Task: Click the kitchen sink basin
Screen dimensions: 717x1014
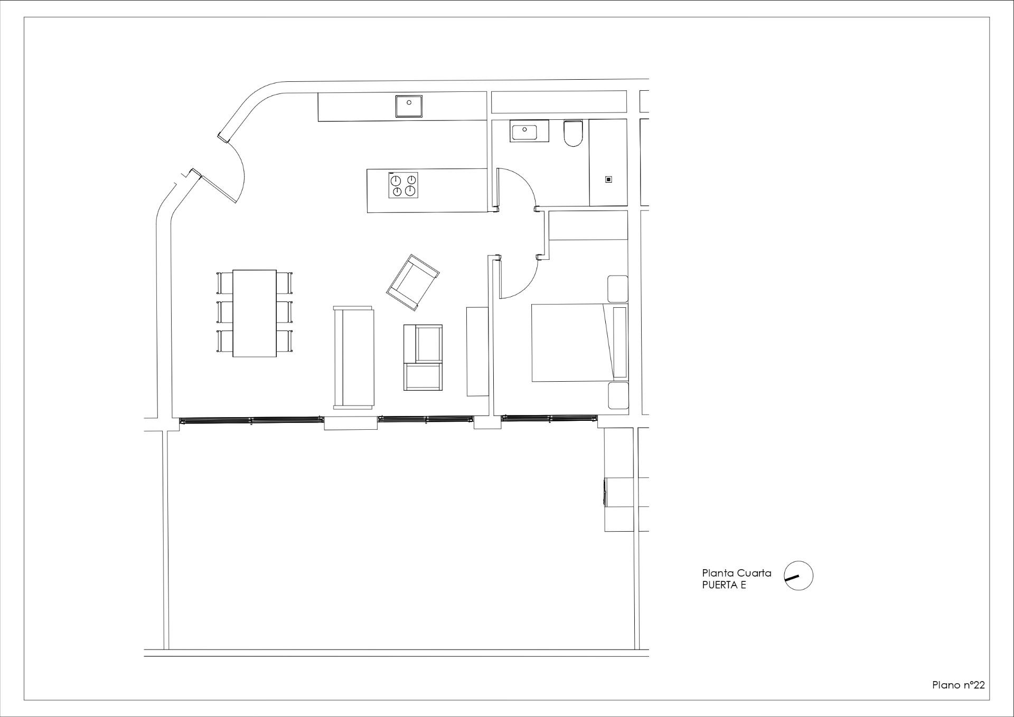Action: click(x=409, y=106)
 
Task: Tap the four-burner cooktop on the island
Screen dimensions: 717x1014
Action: click(x=403, y=185)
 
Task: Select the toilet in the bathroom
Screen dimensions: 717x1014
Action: click(x=572, y=133)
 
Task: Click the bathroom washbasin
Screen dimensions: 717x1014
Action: click(x=530, y=130)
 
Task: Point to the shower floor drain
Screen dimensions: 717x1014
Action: click(x=608, y=180)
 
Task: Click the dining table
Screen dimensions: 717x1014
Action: click(x=255, y=313)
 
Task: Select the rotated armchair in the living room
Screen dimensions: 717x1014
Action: click(x=412, y=282)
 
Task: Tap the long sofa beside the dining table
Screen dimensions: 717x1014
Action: click(x=353, y=357)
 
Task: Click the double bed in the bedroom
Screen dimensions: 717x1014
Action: click(x=573, y=342)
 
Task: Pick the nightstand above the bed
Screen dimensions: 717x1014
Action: click(x=617, y=289)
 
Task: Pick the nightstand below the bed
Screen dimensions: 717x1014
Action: click(x=618, y=395)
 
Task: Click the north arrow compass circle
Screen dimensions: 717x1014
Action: click(x=799, y=576)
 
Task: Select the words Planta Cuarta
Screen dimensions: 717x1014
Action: click(x=736, y=573)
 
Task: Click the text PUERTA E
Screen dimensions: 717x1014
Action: click(x=724, y=585)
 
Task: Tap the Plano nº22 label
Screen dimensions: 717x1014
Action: click(x=958, y=685)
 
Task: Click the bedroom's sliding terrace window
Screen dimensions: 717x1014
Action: click(x=549, y=418)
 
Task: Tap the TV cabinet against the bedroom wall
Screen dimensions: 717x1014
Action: click(x=477, y=351)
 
